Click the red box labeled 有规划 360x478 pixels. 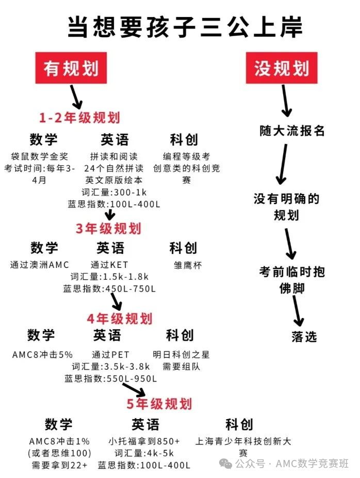pyautogui.click(x=71, y=68)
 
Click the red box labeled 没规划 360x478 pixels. pyautogui.click(x=282, y=68)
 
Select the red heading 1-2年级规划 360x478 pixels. pyautogui.click(x=79, y=118)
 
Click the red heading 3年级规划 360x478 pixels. pyautogui.click(x=108, y=228)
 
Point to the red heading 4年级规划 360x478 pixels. pyautogui.click(x=120, y=318)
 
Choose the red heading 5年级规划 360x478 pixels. pyautogui.click(x=159, y=404)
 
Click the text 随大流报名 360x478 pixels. pyautogui.click(x=292, y=131)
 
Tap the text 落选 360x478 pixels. pyautogui.click(x=304, y=337)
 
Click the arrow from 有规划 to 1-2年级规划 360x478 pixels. pyautogui.click(x=76, y=97)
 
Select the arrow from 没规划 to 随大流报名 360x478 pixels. pyautogui.click(x=285, y=101)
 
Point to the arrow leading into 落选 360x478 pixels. pyautogui.click(x=298, y=311)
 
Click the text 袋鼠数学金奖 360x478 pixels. pyautogui.click(x=39, y=156)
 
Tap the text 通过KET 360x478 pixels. pyautogui.click(x=109, y=265)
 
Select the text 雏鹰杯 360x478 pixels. pyautogui.click(x=188, y=265)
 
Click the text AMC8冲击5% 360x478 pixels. pyautogui.click(x=42, y=355)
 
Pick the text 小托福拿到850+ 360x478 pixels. pyautogui.click(x=144, y=441)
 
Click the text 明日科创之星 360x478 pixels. pyautogui.click(x=181, y=355)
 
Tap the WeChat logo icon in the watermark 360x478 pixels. pyautogui.click(x=226, y=464)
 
